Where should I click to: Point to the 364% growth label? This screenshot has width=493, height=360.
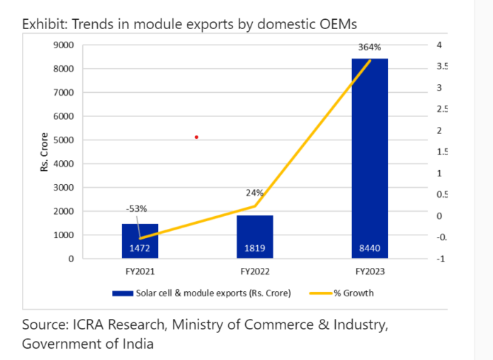[x=369, y=47]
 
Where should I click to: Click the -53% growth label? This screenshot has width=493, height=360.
[x=137, y=209]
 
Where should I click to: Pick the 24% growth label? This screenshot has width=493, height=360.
[x=255, y=192]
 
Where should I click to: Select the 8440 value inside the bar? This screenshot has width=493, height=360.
[x=369, y=248]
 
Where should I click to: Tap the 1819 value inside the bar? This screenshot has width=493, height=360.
[x=254, y=248]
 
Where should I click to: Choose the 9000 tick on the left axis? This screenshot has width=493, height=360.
[x=64, y=45]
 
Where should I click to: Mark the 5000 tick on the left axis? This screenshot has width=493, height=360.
[x=64, y=140]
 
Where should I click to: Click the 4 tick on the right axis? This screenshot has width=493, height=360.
[x=440, y=45]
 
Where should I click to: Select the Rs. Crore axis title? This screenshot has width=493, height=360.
[x=44, y=152]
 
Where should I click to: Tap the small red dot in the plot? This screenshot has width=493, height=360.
[x=196, y=137]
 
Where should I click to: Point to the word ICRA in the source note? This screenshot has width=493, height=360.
[x=86, y=325]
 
